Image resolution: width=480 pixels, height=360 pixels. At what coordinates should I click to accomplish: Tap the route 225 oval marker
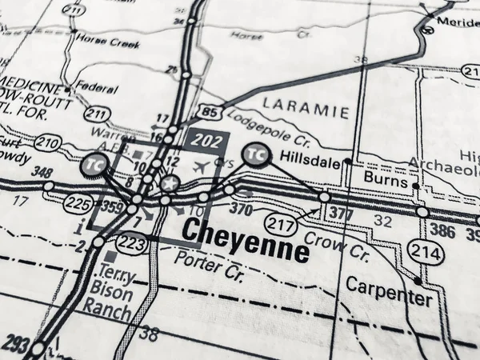(78, 204)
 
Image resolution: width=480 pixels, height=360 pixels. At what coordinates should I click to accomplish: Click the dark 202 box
(207, 141)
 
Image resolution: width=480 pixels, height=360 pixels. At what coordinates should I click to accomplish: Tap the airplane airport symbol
(200, 167)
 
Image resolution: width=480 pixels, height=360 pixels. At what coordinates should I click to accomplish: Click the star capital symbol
(169, 183)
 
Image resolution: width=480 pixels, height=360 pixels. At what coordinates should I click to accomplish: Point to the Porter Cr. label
(210, 270)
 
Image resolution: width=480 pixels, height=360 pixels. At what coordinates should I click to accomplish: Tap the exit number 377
(340, 212)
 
